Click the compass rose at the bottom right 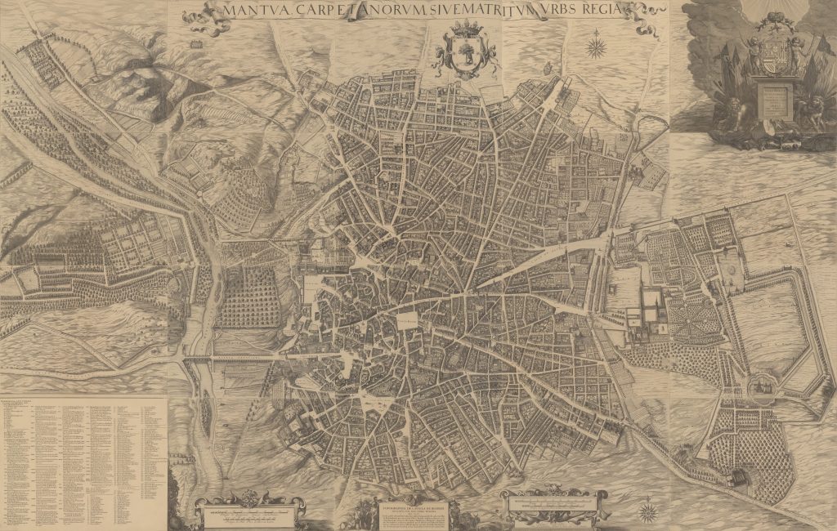pyautogui.click(x=651, y=512)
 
